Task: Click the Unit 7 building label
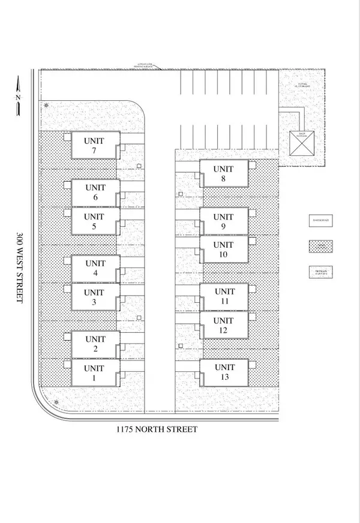click(x=94, y=145)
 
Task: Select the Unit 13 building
click(x=224, y=372)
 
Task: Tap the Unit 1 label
click(x=94, y=373)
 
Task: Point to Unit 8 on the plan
click(x=223, y=174)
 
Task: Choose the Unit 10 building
click(x=223, y=250)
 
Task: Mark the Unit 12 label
click(x=223, y=325)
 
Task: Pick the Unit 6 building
click(x=94, y=193)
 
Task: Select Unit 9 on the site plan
click(x=223, y=221)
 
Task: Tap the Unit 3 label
click(x=94, y=297)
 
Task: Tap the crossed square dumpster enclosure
click(x=298, y=142)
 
